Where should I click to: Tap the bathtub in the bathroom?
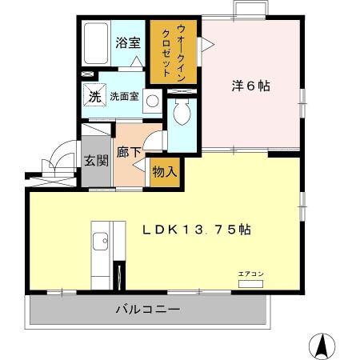(96, 44)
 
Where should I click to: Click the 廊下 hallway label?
(129, 151)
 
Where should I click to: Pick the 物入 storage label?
(164, 172)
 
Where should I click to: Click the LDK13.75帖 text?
(197, 229)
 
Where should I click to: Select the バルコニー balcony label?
(146, 309)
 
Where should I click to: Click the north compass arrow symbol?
(322, 345)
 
